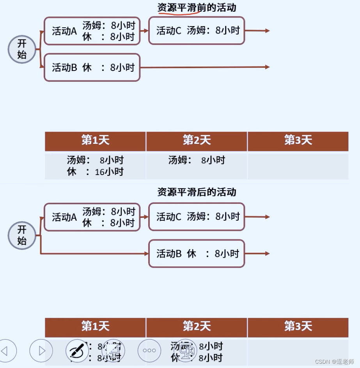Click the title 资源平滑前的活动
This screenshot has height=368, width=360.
coord(197,7)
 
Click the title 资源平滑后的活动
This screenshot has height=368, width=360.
coord(197,192)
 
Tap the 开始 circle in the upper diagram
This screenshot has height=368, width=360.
coord(22,49)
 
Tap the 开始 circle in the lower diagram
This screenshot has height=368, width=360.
coord(22,235)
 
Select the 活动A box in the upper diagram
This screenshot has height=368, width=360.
coord(92,31)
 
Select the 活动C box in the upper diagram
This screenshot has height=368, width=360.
coord(197,30)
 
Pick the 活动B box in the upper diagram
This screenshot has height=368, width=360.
coord(92,67)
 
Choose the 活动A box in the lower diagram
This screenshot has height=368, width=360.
coord(92,217)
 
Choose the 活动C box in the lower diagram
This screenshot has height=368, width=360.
coord(197,217)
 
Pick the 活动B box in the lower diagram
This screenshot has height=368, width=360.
coord(197,253)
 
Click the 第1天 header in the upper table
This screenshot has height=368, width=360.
coord(95,141)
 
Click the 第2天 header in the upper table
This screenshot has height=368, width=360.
coord(197,141)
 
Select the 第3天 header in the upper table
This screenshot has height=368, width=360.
coord(298,141)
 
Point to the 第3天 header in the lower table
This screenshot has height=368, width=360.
coord(298,327)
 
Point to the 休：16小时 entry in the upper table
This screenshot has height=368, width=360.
coord(95,172)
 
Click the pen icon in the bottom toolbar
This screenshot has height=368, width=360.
coord(77,350)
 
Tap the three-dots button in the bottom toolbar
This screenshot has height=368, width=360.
coord(149,350)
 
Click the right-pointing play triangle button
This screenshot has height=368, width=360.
coord(41,350)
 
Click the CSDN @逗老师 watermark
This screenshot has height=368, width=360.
coord(334,361)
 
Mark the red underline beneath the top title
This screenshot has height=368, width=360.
coord(179,13)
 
